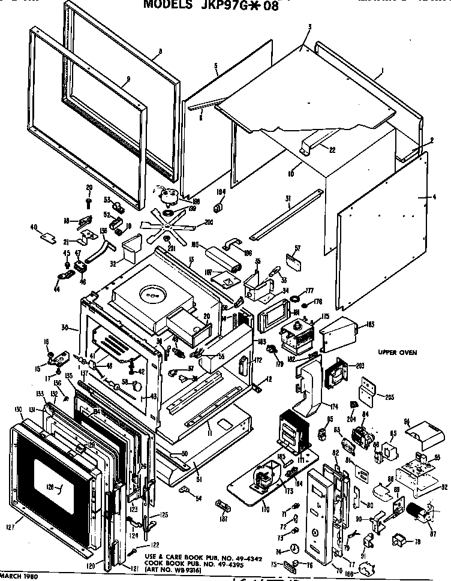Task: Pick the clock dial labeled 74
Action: click(x=294, y=548)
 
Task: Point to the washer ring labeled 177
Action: click(x=294, y=298)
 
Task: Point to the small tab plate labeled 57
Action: click(x=293, y=260)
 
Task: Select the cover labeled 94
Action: click(x=422, y=434)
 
